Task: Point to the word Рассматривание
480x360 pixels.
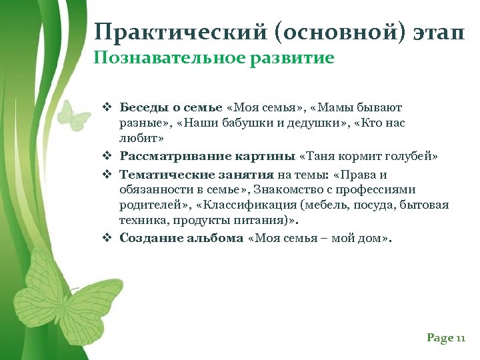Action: [x=167, y=157]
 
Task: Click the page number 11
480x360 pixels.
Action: [x=460, y=339]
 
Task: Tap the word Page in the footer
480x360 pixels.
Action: [x=440, y=339]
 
